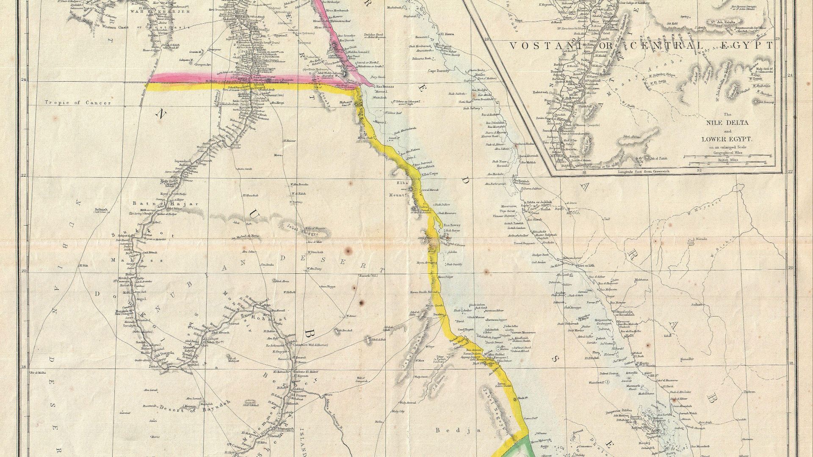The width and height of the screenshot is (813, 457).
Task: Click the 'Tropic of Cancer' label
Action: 78,103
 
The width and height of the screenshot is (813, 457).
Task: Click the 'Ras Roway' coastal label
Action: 451,225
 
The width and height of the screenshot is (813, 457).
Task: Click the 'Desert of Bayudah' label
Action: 195,408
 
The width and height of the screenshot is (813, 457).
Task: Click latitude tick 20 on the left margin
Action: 25,271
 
